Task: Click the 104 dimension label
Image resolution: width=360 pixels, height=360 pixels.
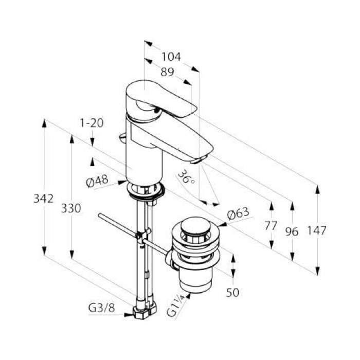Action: click(171, 57)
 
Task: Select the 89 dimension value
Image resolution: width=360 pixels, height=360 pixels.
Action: click(167, 72)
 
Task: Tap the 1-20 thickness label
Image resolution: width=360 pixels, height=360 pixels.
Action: click(92, 123)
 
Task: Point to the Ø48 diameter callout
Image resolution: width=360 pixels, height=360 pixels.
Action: click(97, 181)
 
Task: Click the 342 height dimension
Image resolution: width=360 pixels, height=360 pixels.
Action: click(43, 199)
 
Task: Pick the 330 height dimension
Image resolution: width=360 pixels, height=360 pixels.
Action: click(71, 208)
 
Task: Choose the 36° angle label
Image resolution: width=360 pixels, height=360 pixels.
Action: click(186, 177)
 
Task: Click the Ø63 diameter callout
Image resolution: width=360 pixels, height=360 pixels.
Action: click(238, 213)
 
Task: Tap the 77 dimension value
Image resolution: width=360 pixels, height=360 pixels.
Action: click(271, 226)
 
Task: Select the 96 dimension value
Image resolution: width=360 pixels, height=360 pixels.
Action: click(292, 231)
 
